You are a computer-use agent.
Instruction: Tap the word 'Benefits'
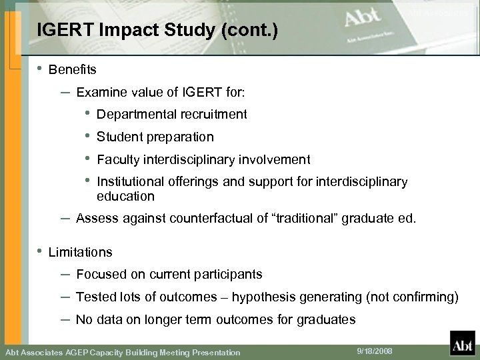[x=73, y=69]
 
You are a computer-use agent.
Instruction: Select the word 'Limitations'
[x=81, y=253]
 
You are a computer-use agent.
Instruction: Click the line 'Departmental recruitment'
[x=171, y=115]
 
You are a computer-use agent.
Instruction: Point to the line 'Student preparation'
[x=155, y=137]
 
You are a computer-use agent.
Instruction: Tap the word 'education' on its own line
[x=125, y=197]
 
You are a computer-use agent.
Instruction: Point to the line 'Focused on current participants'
[x=169, y=275]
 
